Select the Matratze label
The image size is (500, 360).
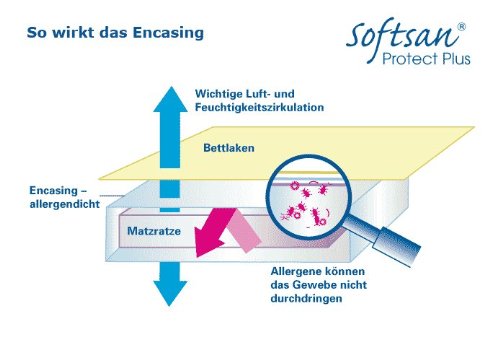(154, 232)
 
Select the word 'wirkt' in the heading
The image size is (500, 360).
(76, 33)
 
